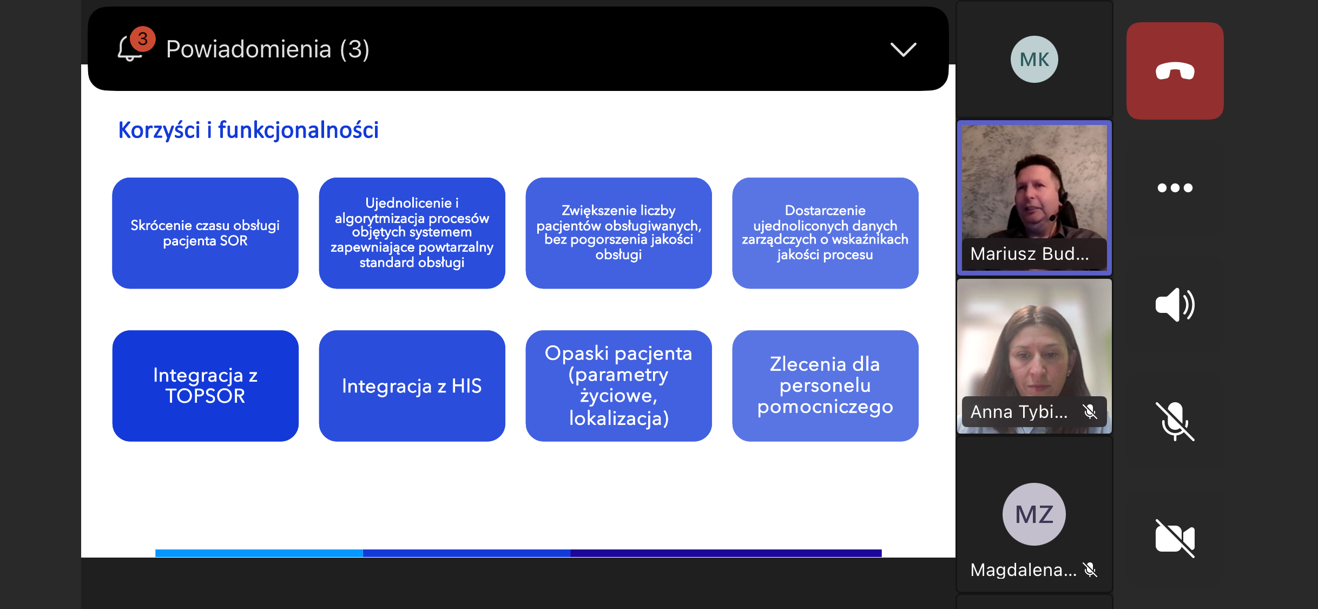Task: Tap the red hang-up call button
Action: pyautogui.click(x=1175, y=71)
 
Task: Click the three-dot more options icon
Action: pyautogui.click(x=1175, y=188)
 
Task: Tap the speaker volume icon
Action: pyautogui.click(x=1175, y=305)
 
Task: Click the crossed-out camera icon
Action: pyautogui.click(x=1175, y=539)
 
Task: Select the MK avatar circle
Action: pyautogui.click(x=1034, y=59)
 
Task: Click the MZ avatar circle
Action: pyautogui.click(x=1034, y=514)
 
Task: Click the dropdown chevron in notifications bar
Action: pyautogui.click(x=903, y=50)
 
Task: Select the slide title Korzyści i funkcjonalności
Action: pyautogui.click(x=248, y=130)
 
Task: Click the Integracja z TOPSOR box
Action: pyautogui.click(x=205, y=386)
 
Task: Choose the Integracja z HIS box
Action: pyautogui.click(x=412, y=386)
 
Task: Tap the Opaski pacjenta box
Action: pyautogui.click(x=618, y=386)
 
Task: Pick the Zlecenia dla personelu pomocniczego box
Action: pyautogui.click(x=825, y=386)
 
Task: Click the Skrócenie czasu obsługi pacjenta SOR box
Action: pyautogui.click(x=205, y=233)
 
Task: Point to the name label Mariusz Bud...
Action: pyautogui.click(x=1029, y=254)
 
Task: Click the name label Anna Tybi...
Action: pyautogui.click(x=1019, y=412)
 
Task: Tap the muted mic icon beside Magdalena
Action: pyautogui.click(x=1090, y=569)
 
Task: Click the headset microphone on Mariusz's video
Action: pyautogui.click(x=1054, y=217)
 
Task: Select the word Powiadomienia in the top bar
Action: pyautogui.click(x=248, y=49)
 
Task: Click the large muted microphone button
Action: pyautogui.click(x=1175, y=422)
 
